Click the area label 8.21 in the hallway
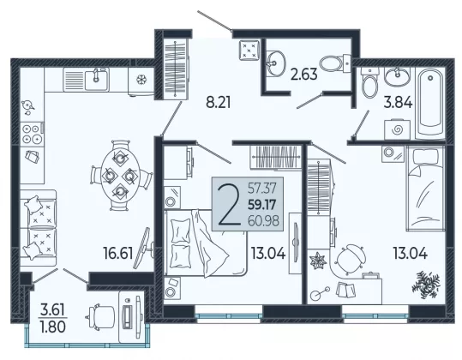point(218,103)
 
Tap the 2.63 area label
point(304,74)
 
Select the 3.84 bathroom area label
point(398,103)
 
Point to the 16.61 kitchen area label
point(118,253)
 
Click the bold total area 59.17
point(261,205)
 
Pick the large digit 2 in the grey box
point(228,204)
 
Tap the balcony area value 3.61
point(52,310)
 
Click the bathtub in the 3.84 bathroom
point(430,103)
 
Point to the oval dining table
point(120,176)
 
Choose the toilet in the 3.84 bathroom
point(370,83)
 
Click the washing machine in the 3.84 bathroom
point(397,129)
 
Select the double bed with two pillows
point(205,243)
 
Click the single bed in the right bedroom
point(425,189)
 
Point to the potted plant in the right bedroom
point(426,284)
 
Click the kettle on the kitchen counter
point(27,106)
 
